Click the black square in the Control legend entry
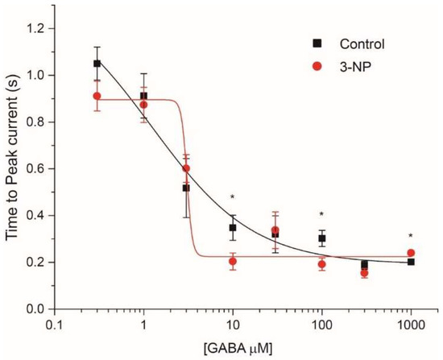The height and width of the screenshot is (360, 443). coord(318,43)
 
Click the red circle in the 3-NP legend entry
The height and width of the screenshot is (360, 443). coord(318,67)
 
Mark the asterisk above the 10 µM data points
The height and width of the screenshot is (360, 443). coord(233,197)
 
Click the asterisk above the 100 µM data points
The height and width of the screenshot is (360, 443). coord(321,214)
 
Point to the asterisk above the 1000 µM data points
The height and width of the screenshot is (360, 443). coord(411,236)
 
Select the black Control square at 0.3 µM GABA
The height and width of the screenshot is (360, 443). coord(97,64)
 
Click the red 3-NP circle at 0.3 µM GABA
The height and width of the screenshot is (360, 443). coord(97,96)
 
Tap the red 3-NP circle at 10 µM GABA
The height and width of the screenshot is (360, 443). coord(233,261)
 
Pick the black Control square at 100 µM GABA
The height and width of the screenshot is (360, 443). coord(321,238)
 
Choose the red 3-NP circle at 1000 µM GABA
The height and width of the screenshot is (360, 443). coord(411,253)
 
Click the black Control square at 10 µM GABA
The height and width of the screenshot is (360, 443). coord(233,228)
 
